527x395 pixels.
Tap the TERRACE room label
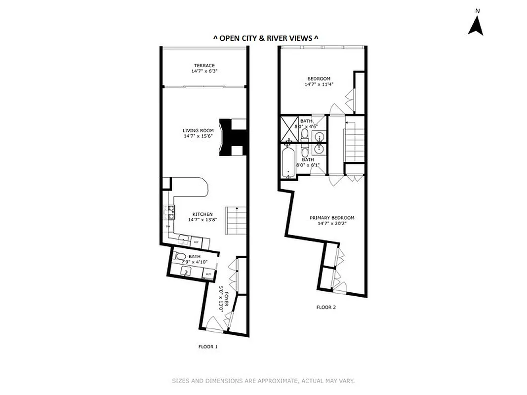click(x=204, y=66)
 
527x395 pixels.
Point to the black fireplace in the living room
click(x=232, y=137)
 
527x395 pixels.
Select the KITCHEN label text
click(x=203, y=214)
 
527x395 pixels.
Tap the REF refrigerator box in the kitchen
click(x=196, y=242)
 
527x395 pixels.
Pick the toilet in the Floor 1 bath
click(x=180, y=256)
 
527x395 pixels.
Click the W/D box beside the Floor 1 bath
click(x=208, y=274)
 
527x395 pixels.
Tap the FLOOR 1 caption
click(x=208, y=347)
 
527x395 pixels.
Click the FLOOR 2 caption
click(x=326, y=307)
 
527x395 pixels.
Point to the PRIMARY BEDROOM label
click(x=332, y=218)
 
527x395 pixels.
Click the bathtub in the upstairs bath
click(x=287, y=163)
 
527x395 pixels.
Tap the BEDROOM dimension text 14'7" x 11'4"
click(x=319, y=84)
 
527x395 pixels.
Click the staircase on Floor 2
click(x=354, y=144)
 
